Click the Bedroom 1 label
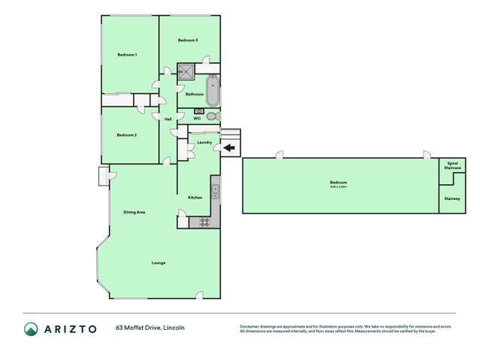tap(126, 55)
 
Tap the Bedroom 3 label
tap(188, 40)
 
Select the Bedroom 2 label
tap(126, 135)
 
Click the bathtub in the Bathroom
tap(213, 90)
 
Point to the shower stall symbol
tap(186, 72)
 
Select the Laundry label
tap(204, 142)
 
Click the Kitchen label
tap(195, 197)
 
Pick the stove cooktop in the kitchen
tap(204, 222)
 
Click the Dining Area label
tap(134, 212)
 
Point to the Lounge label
tap(158, 262)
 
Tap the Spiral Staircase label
tap(452, 165)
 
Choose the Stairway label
tap(452, 198)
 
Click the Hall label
tap(168, 119)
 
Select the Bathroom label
tap(195, 94)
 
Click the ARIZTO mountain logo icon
tap(32, 328)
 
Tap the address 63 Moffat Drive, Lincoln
tap(150, 328)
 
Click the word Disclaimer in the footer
tap(252, 326)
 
